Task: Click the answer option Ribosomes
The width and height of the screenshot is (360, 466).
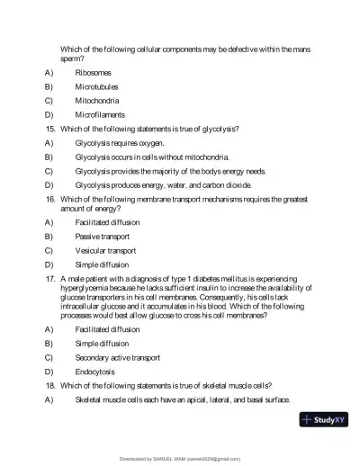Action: pyautogui.click(x=94, y=73)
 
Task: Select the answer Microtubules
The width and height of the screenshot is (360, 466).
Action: pyautogui.click(x=98, y=87)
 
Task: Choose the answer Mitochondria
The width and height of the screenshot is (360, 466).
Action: pyautogui.click(x=98, y=101)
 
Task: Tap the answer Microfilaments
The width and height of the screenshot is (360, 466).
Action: pyautogui.click(x=101, y=115)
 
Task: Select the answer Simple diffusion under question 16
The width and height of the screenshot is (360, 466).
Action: pyautogui.click(x=103, y=264)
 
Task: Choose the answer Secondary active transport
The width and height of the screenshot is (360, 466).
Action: pyautogui.click(x=118, y=357)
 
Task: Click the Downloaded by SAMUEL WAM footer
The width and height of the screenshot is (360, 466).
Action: pyautogui.click(x=180, y=458)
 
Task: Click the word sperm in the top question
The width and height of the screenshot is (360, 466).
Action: pyautogui.click(x=70, y=58)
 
